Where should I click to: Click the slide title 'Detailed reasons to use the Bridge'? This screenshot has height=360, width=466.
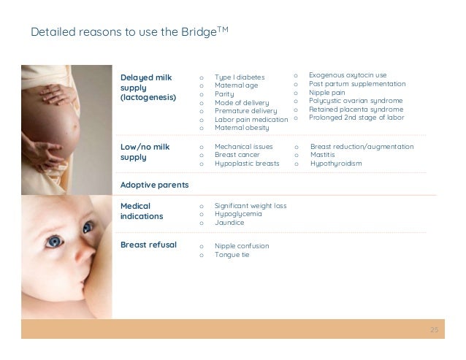point(130,31)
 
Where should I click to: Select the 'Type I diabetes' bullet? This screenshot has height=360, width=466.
point(240,77)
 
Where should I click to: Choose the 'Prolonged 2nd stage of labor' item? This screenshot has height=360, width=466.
point(356,117)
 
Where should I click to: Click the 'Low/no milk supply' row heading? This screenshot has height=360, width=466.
point(145,152)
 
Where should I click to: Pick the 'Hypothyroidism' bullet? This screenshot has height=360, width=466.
point(336,164)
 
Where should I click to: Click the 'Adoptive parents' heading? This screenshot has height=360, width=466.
point(154,185)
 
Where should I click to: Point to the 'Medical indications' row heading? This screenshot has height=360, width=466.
point(142,211)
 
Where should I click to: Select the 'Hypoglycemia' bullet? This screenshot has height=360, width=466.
point(238,215)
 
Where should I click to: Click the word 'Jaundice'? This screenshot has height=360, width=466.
point(229,223)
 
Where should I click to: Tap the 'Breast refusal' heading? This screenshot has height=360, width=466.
point(148,245)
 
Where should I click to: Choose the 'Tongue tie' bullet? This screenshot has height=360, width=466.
point(232,255)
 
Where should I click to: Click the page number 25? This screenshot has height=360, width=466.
point(435,330)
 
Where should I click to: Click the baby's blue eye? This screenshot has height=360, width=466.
point(54,240)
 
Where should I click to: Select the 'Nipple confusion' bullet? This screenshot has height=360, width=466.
point(242,246)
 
